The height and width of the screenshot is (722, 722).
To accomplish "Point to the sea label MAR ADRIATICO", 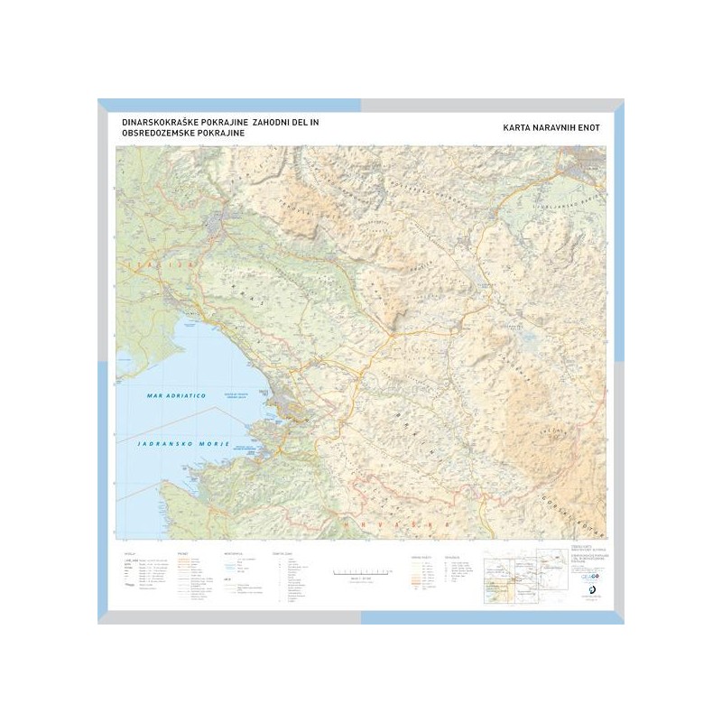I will tap(176, 395).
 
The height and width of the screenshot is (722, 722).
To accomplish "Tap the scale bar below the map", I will tap(362, 571).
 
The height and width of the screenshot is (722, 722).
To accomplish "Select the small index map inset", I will tap(514, 573).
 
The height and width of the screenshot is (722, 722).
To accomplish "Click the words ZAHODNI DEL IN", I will tap(284, 121).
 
